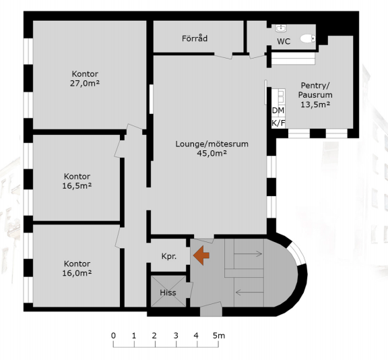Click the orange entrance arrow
pyautogui.click(x=201, y=256)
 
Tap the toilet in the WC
pyautogui.click(x=308, y=38)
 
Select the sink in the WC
pyautogui.click(x=281, y=28)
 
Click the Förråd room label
pyautogui.click(x=195, y=38)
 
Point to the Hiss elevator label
pyautogui.click(x=168, y=293)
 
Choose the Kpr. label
pyautogui.click(x=169, y=256)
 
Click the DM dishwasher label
pyautogui.click(x=278, y=111)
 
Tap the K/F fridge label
pyautogui.click(x=278, y=123)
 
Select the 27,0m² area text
pyautogui.click(x=85, y=84)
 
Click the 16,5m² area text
pyautogui.click(x=77, y=185)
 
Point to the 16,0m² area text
pyautogui.click(x=77, y=273)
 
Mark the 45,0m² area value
pyautogui.click(x=212, y=153)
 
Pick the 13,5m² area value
pyautogui.click(x=315, y=104)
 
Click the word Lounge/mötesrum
pyautogui.click(x=212, y=144)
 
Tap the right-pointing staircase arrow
pyautogui.click(x=248, y=253)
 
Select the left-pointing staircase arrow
pyautogui.click(x=249, y=293)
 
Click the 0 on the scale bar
pyautogui.click(x=113, y=336)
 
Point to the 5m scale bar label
pyautogui.click(x=219, y=336)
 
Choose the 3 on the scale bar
pyautogui.click(x=176, y=336)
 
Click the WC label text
pyautogui.click(x=284, y=41)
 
